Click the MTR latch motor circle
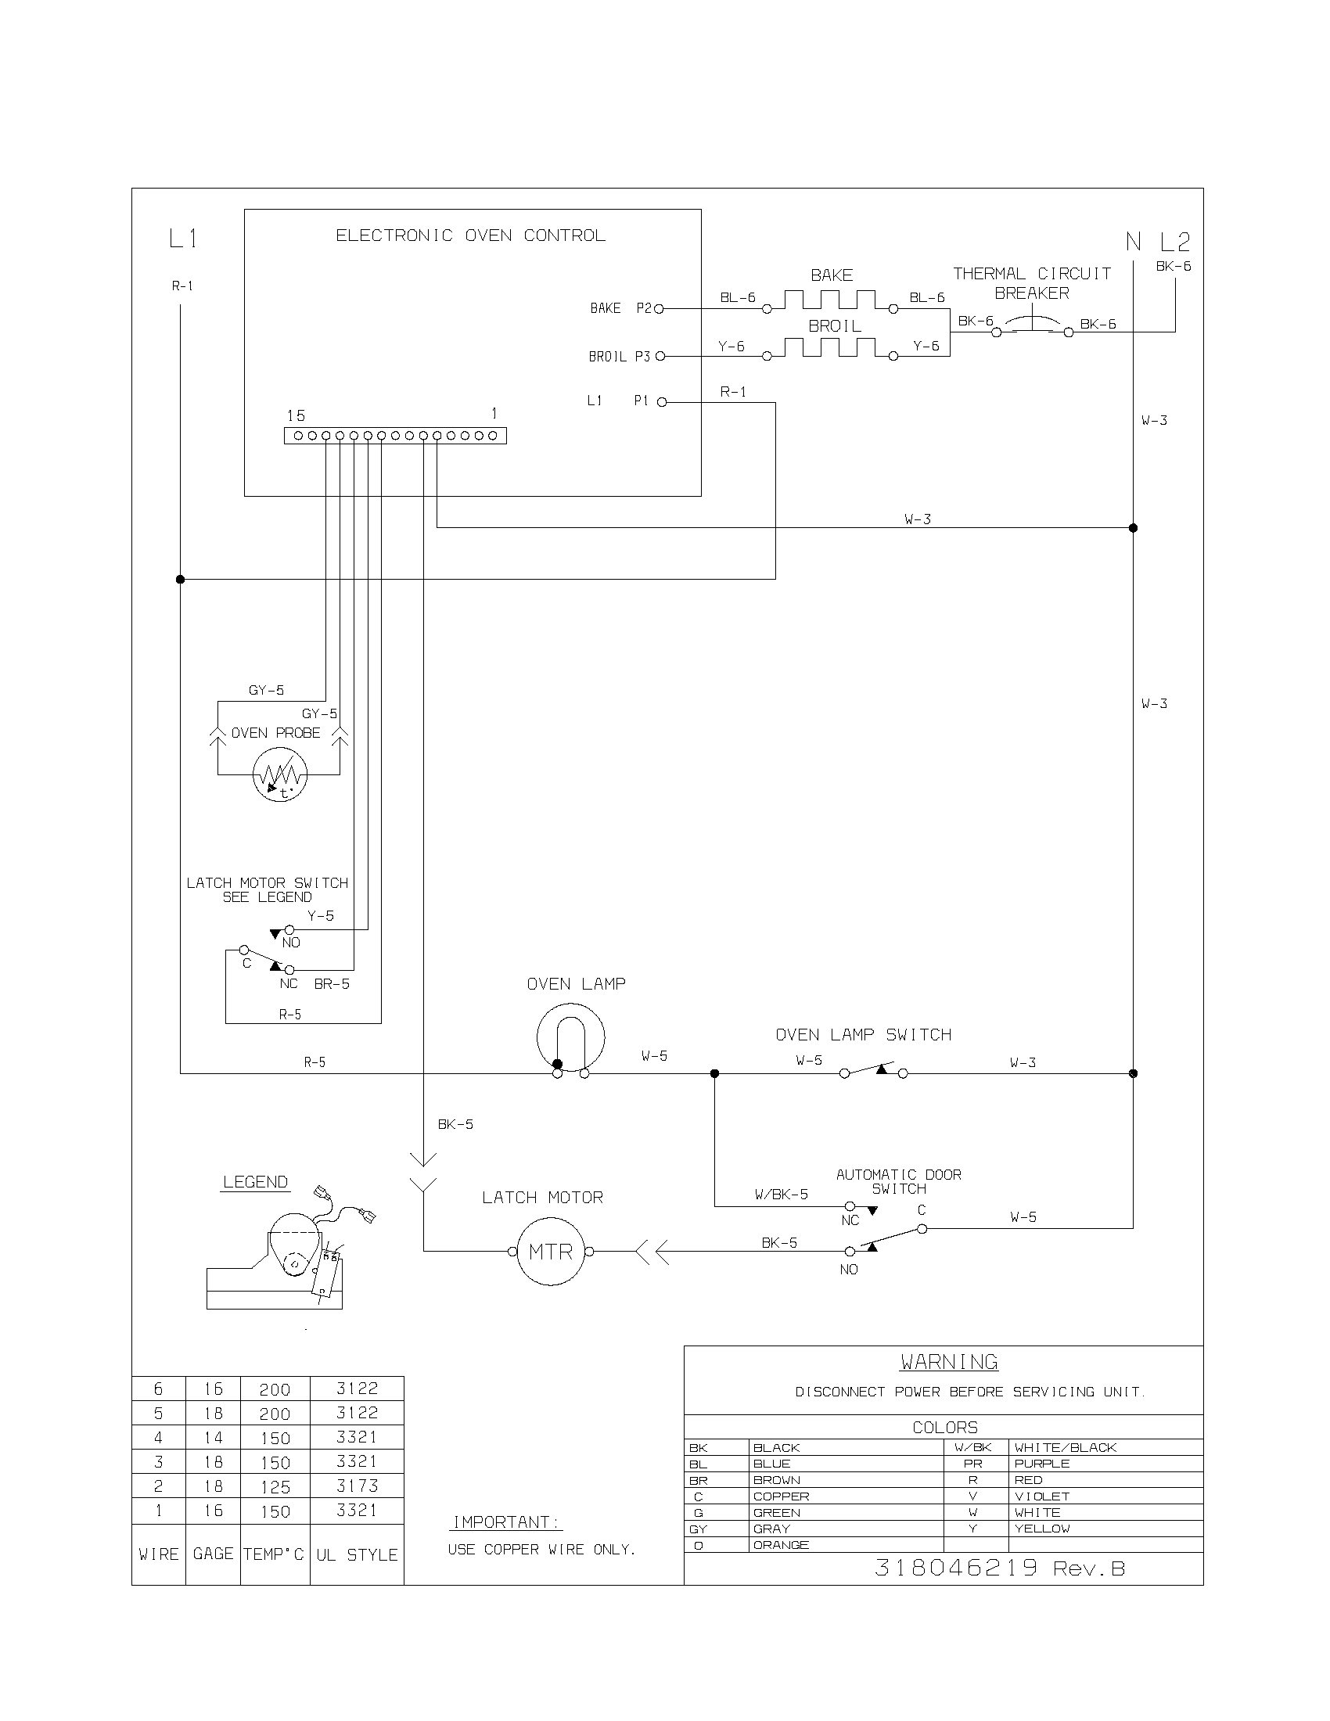pos(550,1252)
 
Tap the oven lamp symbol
pos(570,1038)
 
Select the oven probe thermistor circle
pos(279,775)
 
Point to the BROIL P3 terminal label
pos(620,357)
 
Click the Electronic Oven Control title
pos(470,235)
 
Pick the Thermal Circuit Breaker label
pos(1031,283)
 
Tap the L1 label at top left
pos(183,238)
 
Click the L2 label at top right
pos(1175,242)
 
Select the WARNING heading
pos(949,1362)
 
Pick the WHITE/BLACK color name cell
pos(1066,1447)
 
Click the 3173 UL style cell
pos(357,1486)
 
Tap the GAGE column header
pos(213,1554)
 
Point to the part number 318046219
pos(956,1568)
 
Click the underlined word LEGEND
pos(255,1182)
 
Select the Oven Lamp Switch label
pos(864,1035)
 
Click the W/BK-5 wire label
pos(781,1195)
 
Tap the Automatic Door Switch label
pos(898,1181)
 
